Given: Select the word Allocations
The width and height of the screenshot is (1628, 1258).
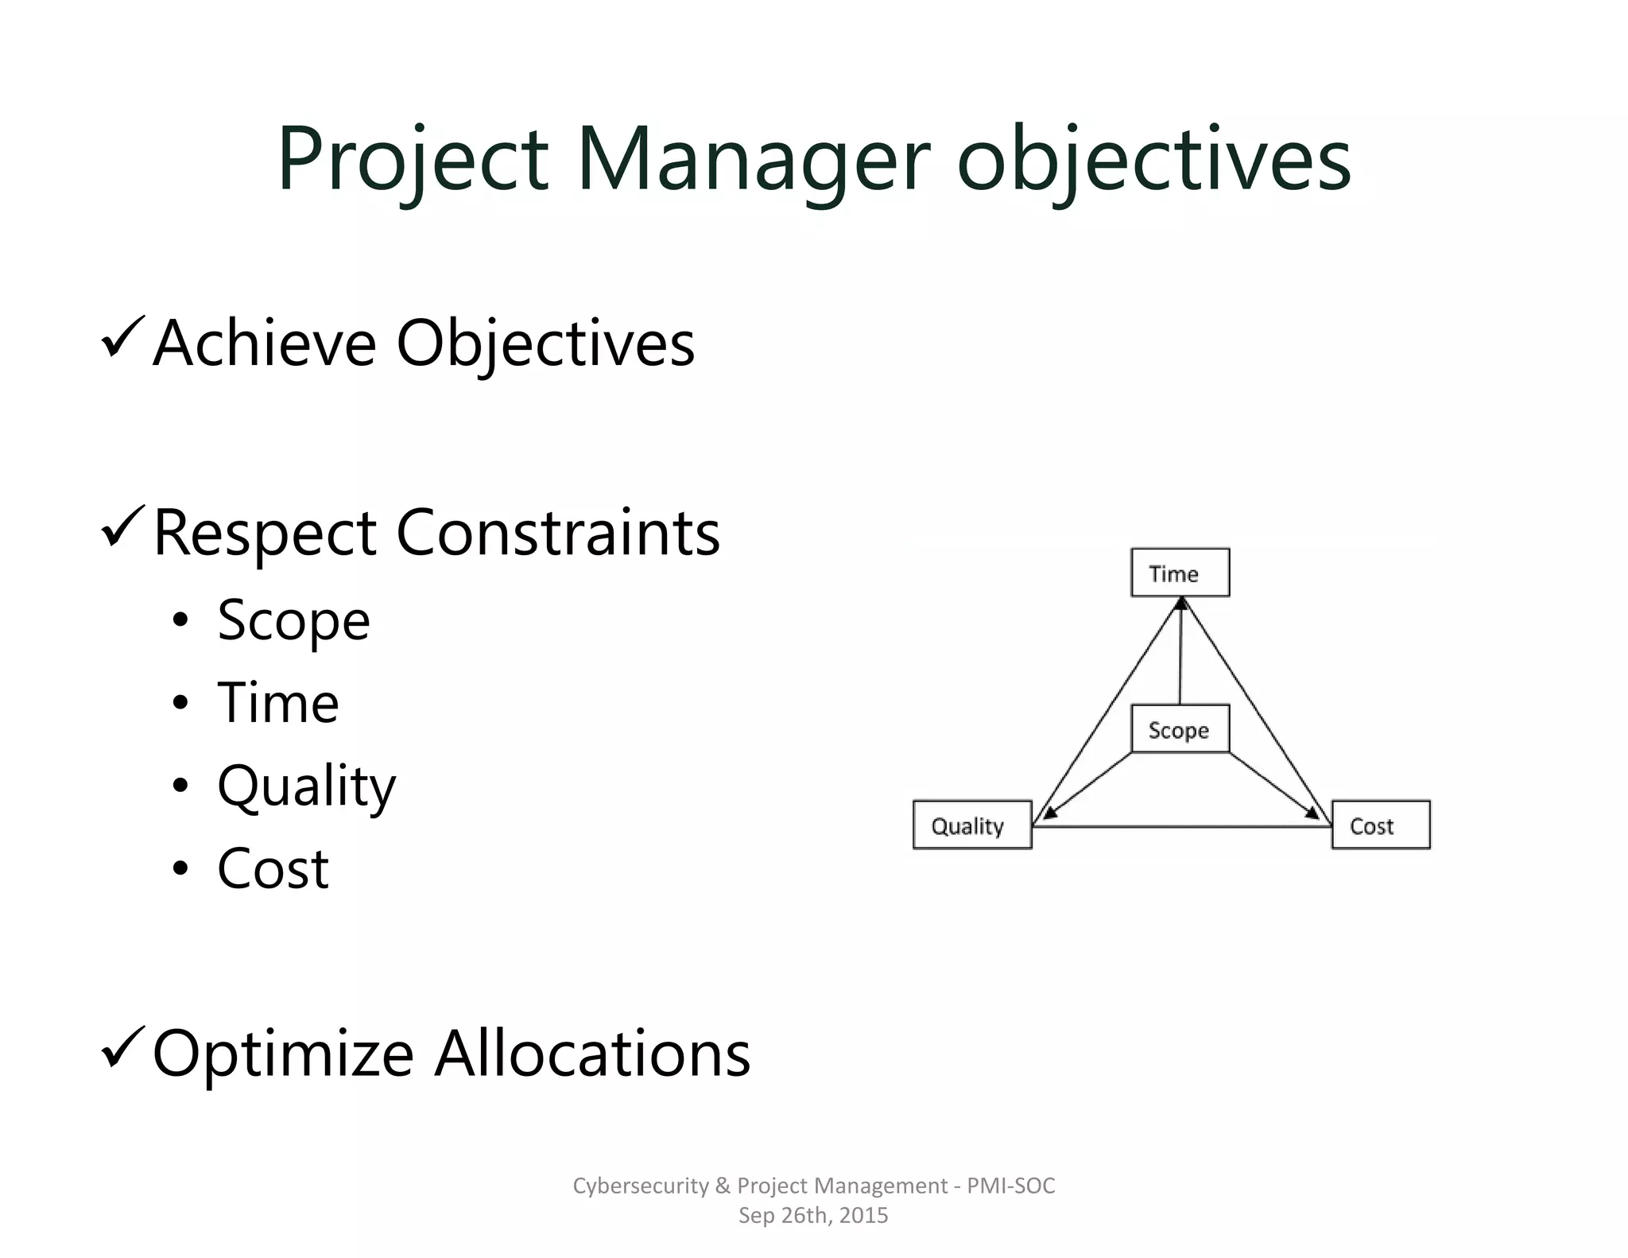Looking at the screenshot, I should [x=592, y=1053].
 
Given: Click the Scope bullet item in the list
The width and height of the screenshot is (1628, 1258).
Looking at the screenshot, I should [x=293, y=620].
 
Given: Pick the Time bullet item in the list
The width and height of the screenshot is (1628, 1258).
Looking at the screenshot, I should [x=278, y=703].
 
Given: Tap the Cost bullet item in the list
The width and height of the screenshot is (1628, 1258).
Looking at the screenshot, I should [x=273, y=868].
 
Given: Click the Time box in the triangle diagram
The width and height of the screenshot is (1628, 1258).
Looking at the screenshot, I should [x=1180, y=573].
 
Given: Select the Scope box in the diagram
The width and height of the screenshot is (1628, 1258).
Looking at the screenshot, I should [x=1180, y=729].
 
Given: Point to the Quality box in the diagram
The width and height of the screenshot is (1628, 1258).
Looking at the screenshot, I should [x=971, y=825].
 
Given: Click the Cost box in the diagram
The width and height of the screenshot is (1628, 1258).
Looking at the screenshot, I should [x=1380, y=825].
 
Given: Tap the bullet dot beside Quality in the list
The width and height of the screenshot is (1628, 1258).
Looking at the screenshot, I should [x=180, y=786].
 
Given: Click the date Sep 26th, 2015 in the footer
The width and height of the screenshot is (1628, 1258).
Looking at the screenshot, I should [x=812, y=1215].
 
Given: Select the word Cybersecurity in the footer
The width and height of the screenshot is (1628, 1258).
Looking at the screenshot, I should [x=641, y=1186].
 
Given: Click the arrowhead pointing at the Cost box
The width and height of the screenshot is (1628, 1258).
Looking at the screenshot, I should [x=1312, y=812].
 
